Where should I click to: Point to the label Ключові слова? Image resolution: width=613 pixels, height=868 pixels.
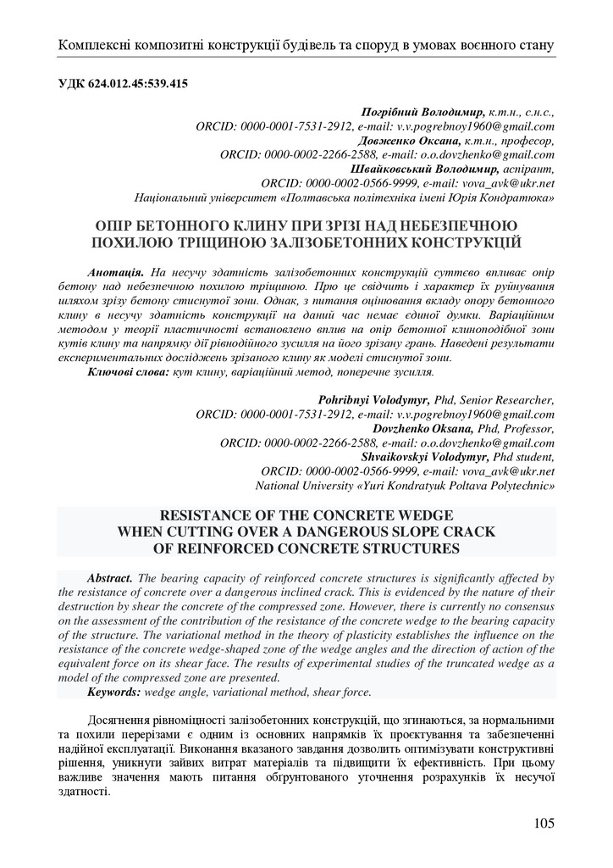click(128, 372)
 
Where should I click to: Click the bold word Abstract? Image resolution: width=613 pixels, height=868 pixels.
click(109, 578)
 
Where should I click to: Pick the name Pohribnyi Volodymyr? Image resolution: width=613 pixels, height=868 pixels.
click(374, 401)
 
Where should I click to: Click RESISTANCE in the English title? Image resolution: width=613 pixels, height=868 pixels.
click(213, 515)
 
